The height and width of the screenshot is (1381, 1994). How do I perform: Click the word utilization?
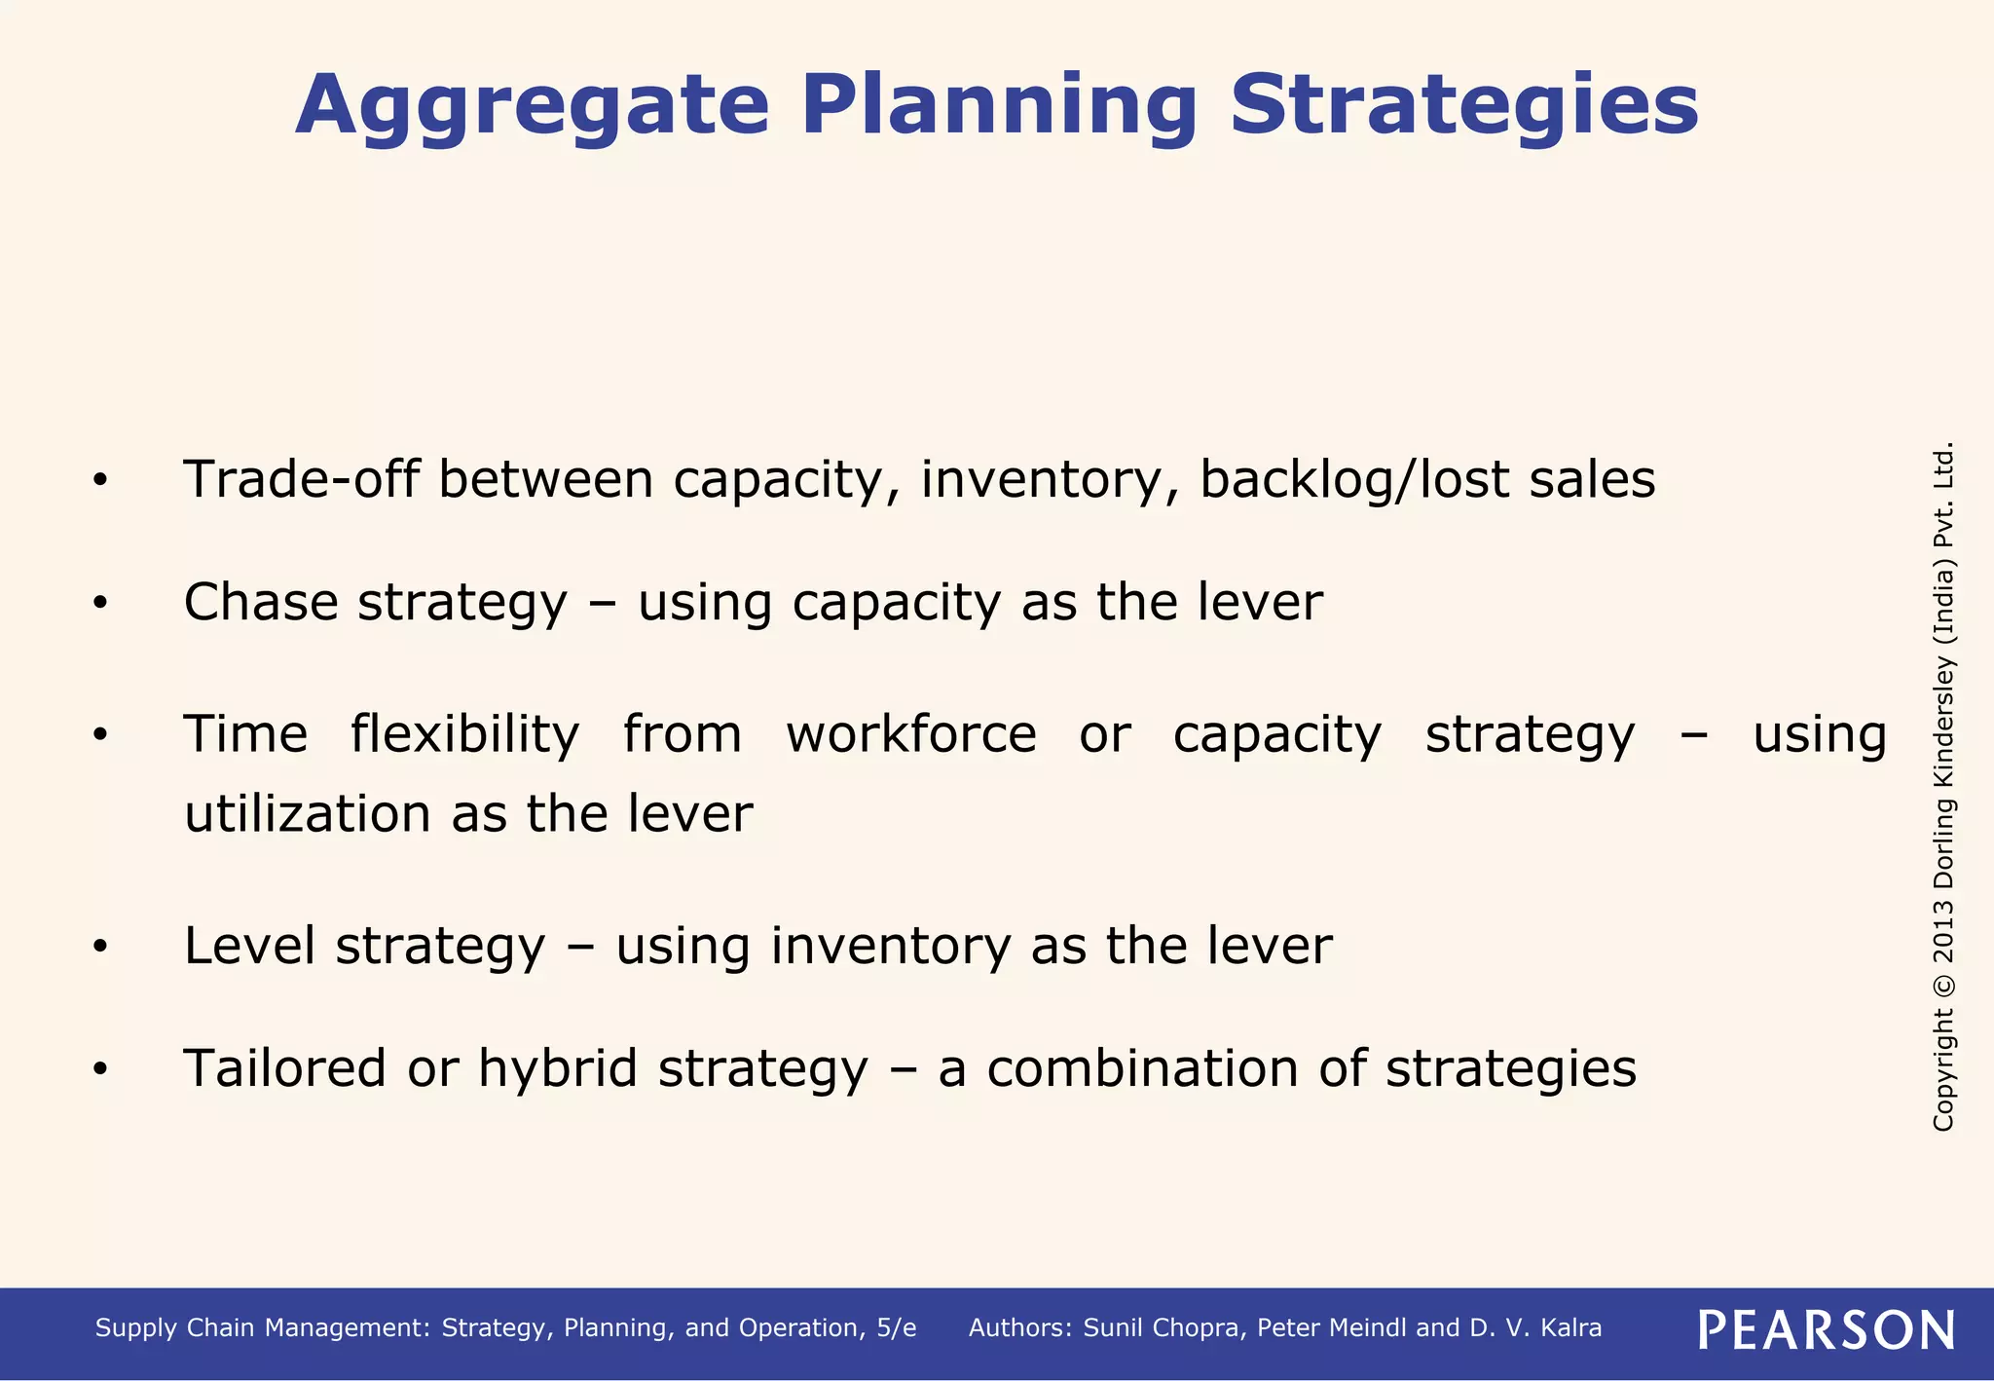307,813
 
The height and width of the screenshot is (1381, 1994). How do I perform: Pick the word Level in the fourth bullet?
249,946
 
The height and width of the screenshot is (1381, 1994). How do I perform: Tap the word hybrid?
558,1069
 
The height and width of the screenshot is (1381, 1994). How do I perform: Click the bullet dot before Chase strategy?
99,604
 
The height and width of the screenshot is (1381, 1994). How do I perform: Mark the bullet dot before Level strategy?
99,947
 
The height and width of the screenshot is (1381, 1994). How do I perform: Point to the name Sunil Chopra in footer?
1163,1328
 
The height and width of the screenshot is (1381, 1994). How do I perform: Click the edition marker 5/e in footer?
896,1328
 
